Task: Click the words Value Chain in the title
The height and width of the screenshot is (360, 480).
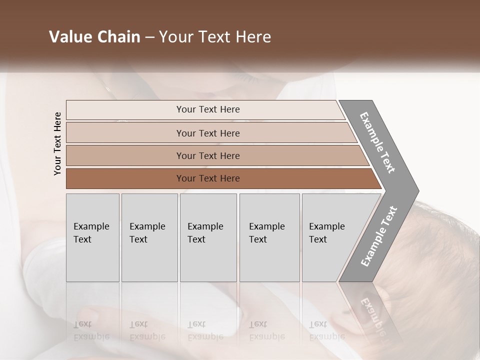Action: click(x=94, y=37)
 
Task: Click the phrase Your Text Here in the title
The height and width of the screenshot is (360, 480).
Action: click(x=215, y=37)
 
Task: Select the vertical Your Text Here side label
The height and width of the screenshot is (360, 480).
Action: click(x=57, y=143)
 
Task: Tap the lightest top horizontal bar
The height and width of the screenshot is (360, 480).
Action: click(x=208, y=109)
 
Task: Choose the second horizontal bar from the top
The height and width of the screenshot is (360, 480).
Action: click(x=208, y=133)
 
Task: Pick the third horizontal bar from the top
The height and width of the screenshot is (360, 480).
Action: click(x=208, y=155)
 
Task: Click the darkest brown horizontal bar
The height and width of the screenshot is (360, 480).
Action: click(x=208, y=178)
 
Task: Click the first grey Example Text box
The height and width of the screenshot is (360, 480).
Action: click(x=92, y=237)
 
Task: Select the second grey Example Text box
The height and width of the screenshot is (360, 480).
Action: click(x=149, y=237)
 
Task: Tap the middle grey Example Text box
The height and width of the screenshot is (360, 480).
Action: click(x=207, y=237)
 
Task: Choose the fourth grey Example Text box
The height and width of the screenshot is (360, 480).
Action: click(x=269, y=237)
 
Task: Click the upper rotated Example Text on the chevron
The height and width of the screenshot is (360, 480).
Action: click(x=378, y=142)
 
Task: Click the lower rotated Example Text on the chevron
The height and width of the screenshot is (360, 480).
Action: click(x=379, y=236)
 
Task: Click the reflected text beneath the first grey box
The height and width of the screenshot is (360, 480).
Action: click(x=91, y=330)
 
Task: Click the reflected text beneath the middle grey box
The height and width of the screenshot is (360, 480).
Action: click(x=205, y=330)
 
